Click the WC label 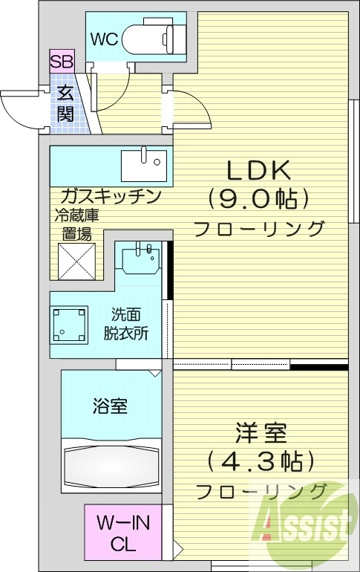[x=104, y=39]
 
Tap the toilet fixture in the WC [x=156, y=39]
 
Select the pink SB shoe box [x=62, y=62]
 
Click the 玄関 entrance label [x=65, y=104]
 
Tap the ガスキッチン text [x=111, y=197]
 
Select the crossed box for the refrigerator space [x=79, y=261]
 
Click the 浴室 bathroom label [x=110, y=406]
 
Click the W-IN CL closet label [x=123, y=533]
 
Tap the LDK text [x=258, y=171]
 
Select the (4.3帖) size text [x=256, y=461]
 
